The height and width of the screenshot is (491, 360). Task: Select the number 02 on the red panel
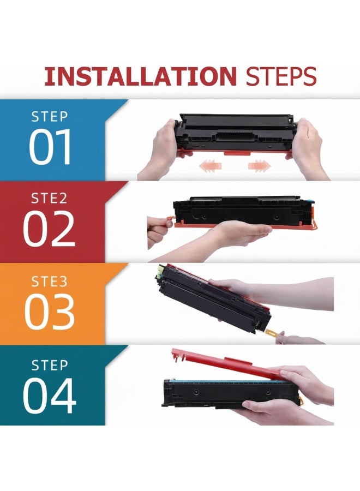(49, 230)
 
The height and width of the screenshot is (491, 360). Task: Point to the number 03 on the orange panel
(50, 312)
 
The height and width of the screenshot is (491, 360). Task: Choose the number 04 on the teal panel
(50, 394)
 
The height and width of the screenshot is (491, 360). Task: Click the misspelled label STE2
(49, 198)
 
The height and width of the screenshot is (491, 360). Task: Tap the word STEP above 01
(50, 117)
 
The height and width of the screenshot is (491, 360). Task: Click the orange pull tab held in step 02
(167, 221)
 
